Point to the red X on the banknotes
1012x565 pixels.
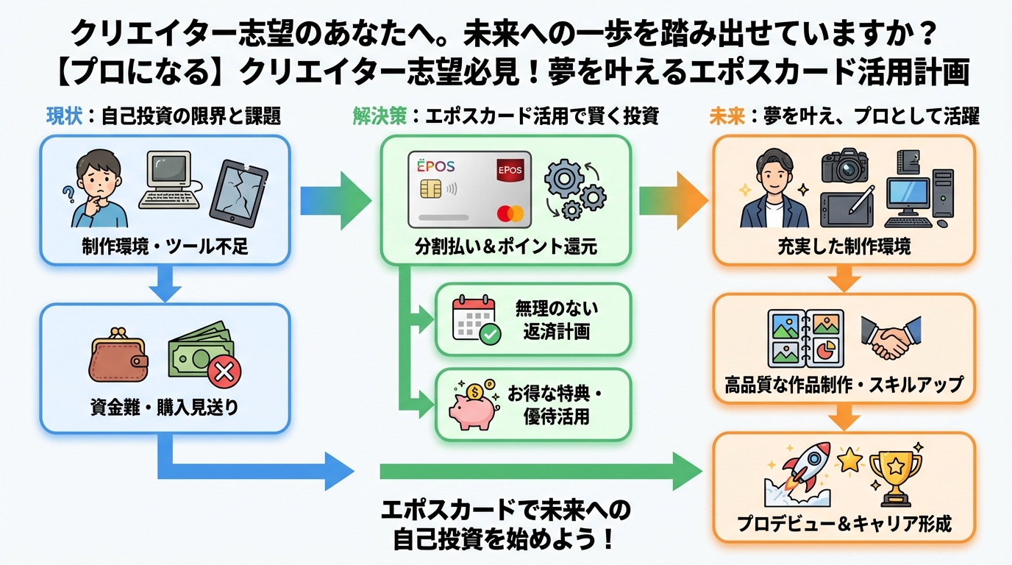tap(224, 372)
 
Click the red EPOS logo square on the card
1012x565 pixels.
tap(510, 171)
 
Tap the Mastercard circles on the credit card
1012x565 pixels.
tap(510, 214)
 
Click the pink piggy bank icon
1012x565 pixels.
tap(478, 405)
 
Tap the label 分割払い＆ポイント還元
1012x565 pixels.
tap(505, 246)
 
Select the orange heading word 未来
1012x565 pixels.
tap(726, 117)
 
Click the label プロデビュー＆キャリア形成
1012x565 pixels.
tap(844, 524)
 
